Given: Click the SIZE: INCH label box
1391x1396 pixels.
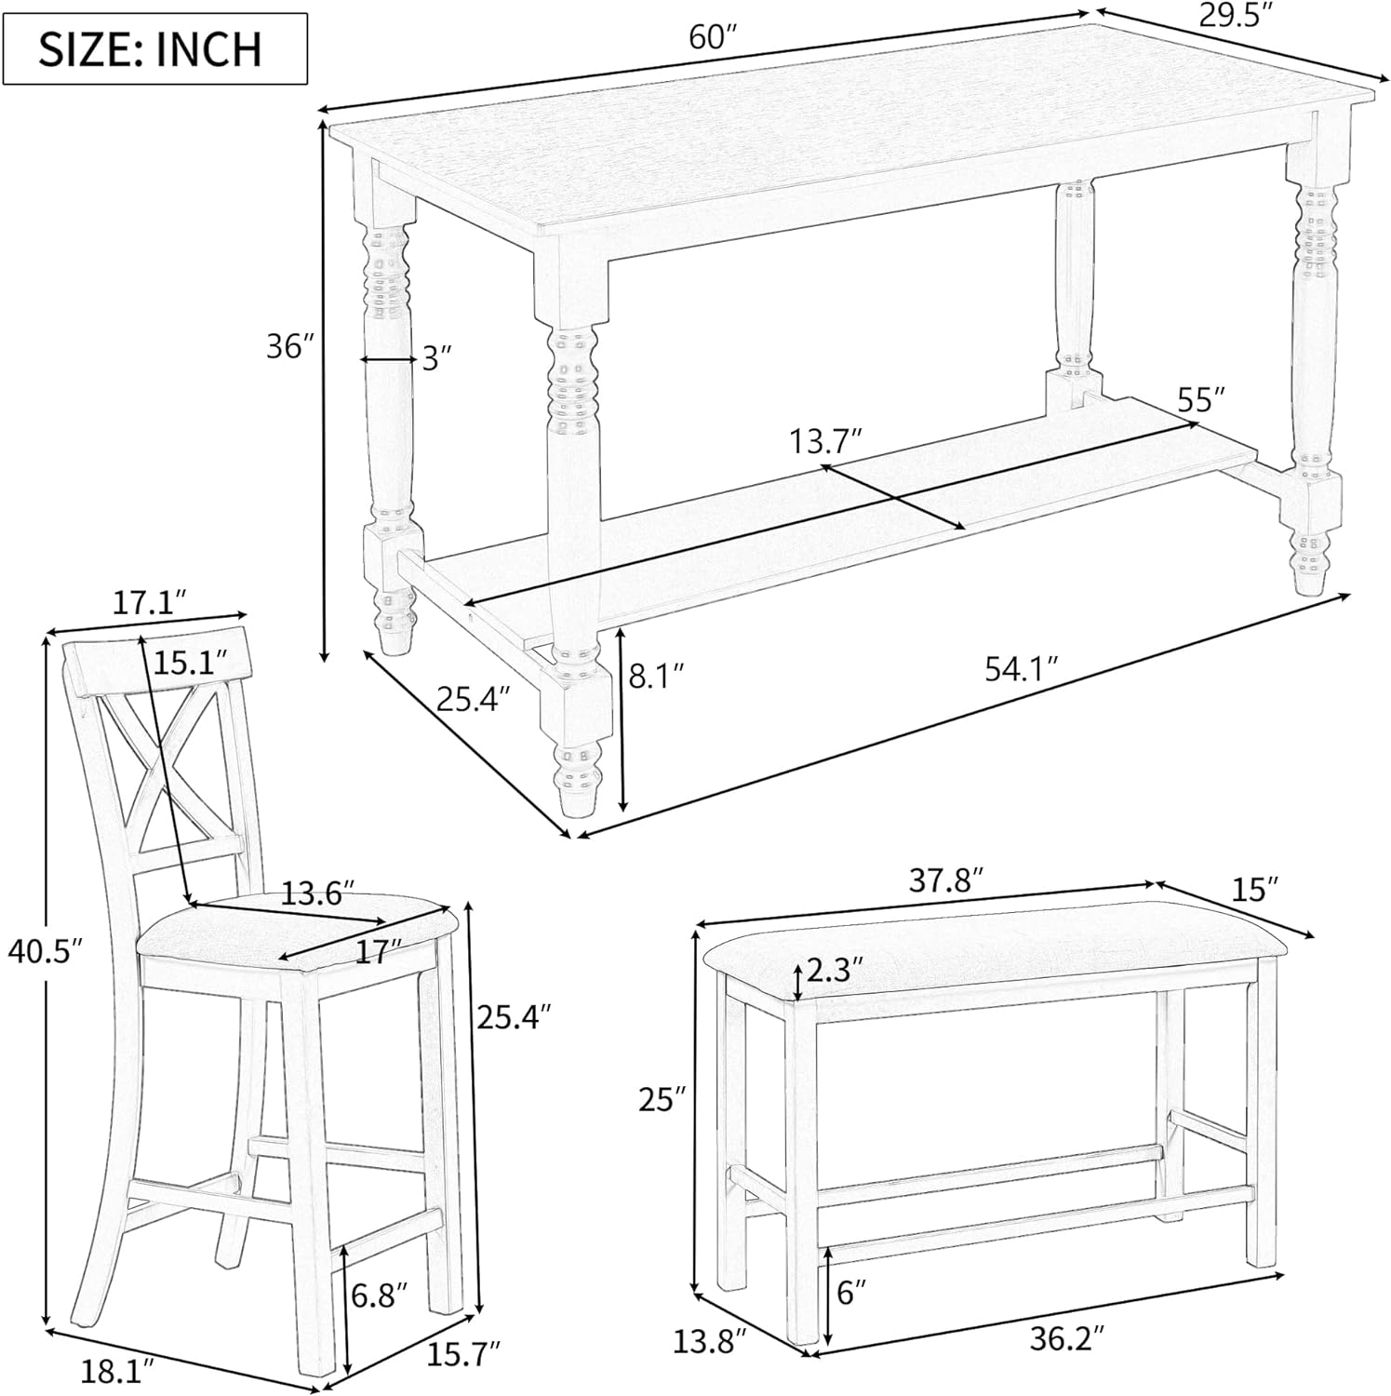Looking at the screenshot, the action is (154, 48).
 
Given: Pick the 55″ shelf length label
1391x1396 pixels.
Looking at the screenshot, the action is (1200, 400).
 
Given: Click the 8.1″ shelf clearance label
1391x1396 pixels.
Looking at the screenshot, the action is (657, 675).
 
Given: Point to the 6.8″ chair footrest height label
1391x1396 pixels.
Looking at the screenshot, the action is (380, 1294).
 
